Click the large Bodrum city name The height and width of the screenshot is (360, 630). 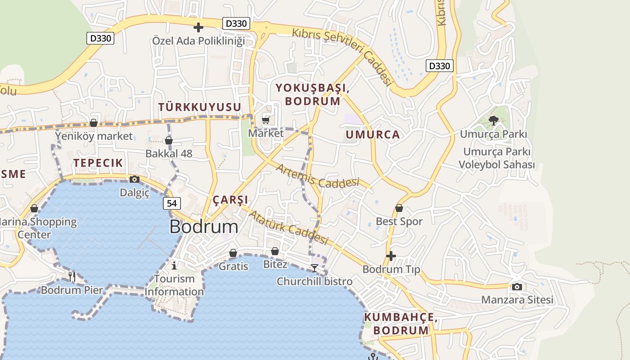pos(204,227)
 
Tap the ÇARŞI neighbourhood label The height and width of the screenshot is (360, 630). pos(230,200)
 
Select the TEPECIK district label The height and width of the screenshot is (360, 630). pos(98,163)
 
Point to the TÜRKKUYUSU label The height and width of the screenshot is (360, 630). pos(200,107)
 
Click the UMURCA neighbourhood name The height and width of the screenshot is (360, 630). pos(373,135)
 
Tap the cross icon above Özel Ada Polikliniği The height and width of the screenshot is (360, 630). pos(198,28)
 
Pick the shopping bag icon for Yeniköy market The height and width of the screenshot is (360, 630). pos(94,123)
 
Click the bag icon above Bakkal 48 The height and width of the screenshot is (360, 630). pos(169,141)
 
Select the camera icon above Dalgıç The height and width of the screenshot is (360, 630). pos(134,180)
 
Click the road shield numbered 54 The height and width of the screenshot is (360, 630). pos(171,203)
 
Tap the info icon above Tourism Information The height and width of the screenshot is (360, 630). pos(174,265)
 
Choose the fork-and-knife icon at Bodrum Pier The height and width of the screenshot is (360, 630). pos(72,276)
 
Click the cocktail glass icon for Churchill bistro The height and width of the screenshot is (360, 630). pos(315,268)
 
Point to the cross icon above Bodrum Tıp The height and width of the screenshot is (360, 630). pos(391,256)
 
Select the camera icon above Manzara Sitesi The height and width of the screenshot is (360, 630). pos(517,287)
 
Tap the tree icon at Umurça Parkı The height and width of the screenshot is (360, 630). pos(494,121)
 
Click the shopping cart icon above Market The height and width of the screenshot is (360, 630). pos(266,120)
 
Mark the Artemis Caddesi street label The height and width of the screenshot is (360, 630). pos(318,177)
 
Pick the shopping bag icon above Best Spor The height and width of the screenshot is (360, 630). pos(399,208)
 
